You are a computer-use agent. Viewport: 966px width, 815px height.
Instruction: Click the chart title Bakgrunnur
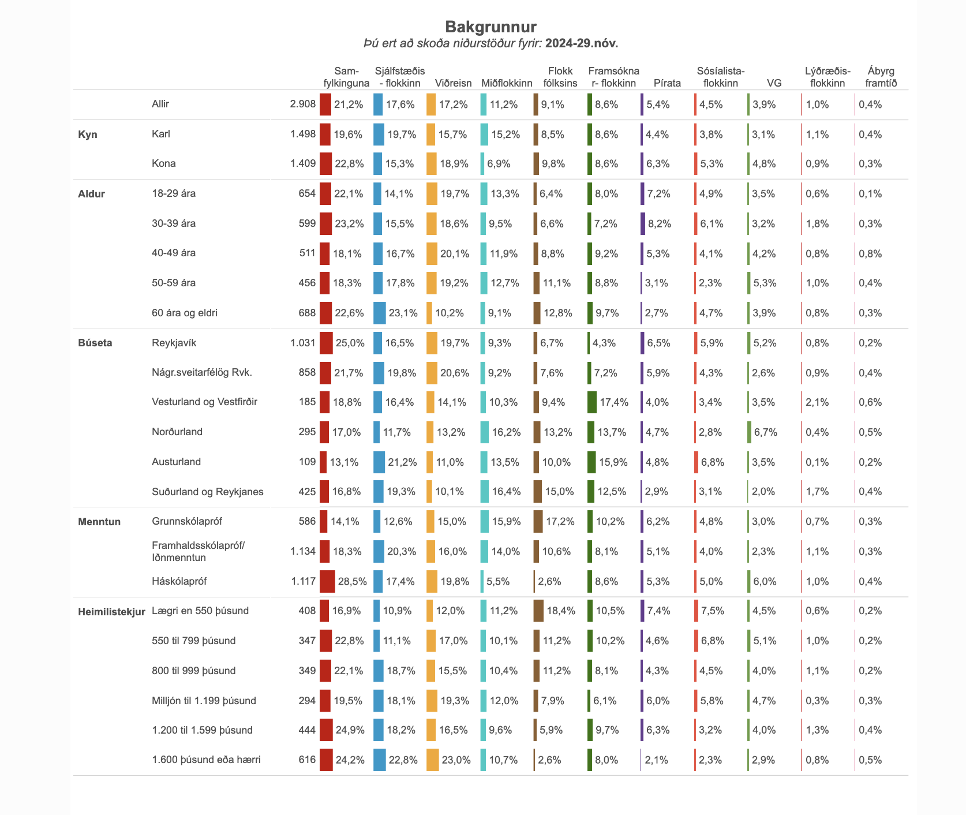click(491, 27)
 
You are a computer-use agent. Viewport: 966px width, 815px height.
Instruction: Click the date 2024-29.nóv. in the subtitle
click(582, 43)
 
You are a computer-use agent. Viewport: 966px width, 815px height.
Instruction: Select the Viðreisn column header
click(454, 83)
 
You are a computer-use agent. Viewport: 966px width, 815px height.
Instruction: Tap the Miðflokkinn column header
click(507, 83)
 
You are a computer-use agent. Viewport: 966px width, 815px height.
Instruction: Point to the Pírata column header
click(667, 83)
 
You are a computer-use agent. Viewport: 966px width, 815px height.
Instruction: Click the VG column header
click(774, 83)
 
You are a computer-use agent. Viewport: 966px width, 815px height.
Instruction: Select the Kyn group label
click(88, 134)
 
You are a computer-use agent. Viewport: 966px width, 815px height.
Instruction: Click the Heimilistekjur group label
click(111, 611)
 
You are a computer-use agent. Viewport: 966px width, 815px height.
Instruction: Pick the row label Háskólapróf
click(179, 581)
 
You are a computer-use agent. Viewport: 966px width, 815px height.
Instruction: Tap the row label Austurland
click(177, 462)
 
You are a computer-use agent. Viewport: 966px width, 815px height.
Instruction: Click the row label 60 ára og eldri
click(185, 313)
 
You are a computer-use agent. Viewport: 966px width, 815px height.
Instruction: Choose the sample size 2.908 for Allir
click(303, 104)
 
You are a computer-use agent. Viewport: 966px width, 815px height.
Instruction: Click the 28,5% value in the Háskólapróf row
click(353, 581)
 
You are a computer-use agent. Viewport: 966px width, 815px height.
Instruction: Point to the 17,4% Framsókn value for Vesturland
click(614, 402)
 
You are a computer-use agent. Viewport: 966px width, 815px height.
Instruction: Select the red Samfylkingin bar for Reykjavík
click(326, 343)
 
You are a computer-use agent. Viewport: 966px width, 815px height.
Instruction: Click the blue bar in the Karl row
click(379, 134)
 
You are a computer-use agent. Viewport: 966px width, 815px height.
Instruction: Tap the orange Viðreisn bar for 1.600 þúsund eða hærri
click(433, 760)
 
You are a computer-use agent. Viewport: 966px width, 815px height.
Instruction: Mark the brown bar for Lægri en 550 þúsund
click(539, 611)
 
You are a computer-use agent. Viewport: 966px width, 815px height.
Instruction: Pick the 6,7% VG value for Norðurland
click(766, 432)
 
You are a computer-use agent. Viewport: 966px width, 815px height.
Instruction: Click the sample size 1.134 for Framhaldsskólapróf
click(303, 551)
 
